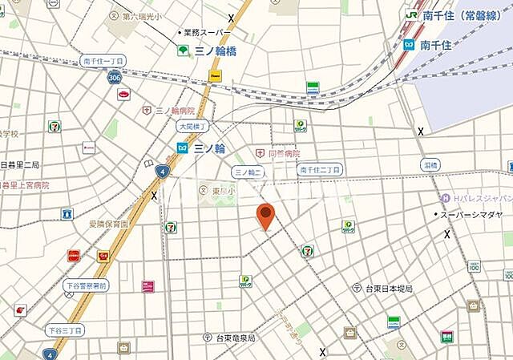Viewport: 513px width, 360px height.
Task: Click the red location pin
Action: coord(265,216)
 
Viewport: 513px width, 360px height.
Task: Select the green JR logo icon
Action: coord(412,14)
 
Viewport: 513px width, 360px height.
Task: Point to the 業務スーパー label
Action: coord(207,33)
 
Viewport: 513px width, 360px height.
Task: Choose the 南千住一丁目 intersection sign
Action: coord(104,61)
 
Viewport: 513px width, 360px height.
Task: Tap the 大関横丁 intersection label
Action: coord(192,127)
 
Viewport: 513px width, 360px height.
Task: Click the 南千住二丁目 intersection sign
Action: coord(320,169)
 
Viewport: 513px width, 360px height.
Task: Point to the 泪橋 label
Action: coord(431,164)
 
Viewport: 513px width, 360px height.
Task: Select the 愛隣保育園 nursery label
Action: coord(108,224)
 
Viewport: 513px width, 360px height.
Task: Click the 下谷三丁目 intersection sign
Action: coord(64,330)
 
